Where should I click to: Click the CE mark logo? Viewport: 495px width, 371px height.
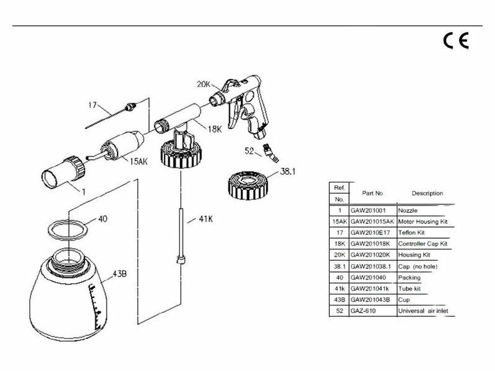(456, 41)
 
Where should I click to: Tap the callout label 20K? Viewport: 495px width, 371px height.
(204, 84)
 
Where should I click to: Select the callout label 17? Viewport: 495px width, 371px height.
(92, 104)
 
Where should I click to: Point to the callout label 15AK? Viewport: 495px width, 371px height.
(139, 161)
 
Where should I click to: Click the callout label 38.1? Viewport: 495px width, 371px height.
(288, 172)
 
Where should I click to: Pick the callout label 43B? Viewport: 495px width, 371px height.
(119, 273)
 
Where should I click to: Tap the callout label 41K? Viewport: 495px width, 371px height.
(206, 219)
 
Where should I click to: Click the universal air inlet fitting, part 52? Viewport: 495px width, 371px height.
(271, 153)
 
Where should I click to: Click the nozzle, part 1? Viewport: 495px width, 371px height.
(63, 173)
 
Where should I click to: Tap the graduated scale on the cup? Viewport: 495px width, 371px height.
(96, 307)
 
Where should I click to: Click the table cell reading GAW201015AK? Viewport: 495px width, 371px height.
(372, 221)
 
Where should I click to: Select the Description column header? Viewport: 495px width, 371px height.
(427, 193)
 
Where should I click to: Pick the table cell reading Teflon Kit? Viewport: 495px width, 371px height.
(411, 232)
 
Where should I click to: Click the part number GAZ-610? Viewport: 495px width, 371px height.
(363, 311)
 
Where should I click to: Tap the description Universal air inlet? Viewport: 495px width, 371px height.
(423, 311)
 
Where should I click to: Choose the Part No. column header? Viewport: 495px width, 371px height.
(372, 193)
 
